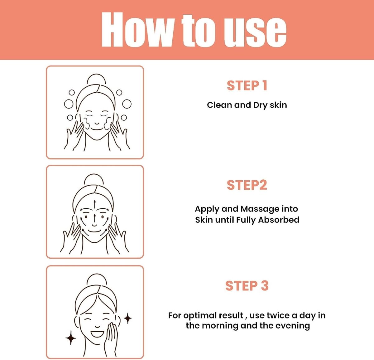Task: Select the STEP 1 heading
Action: (x=247, y=85)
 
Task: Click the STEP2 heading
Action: (x=247, y=185)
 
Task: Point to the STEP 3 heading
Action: (x=247, y=285)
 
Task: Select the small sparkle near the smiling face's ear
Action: (x=127, y=319)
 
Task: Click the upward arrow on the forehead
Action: (x=94, y=205)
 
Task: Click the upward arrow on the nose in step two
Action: (x=94, y=219)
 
